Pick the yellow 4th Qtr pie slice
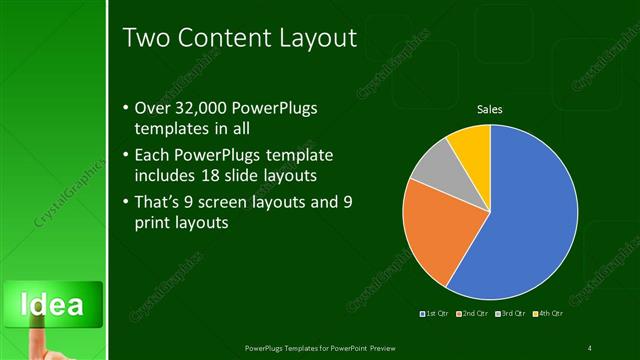coord(470,145)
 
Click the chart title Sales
coord(489,109)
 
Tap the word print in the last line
coord(150,223)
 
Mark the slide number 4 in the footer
coord(590,347)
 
